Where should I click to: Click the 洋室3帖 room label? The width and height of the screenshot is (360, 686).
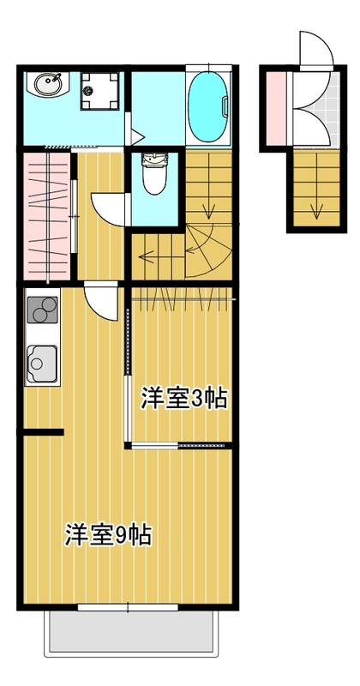pyautogui.click(x=183, y=398)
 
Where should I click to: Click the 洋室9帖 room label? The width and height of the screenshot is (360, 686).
pyautogui.click(x=109, y=534)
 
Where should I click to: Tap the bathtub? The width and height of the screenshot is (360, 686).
pyautogui.click(x=208, y=106)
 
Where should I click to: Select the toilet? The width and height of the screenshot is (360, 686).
pyautogui.click(x=154, y=173)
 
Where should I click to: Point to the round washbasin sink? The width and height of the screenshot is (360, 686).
pyautogui.click(x=47, y=85)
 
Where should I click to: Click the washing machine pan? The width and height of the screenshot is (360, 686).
pyautogui.click(x=99, y=91)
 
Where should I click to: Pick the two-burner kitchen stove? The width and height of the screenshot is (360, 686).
pyautogui.click(x=42, y=310)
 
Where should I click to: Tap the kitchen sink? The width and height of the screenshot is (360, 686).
pyautogui.click(x=42, y=364)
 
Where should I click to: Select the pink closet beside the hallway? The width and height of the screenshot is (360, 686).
pyautogui.click(x=47, y=216)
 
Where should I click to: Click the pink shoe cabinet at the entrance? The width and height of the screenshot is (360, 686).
pyautogui.click(x=276, y=106)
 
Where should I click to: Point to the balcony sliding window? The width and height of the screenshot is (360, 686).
pyautogui.click(x=129, y=607)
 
